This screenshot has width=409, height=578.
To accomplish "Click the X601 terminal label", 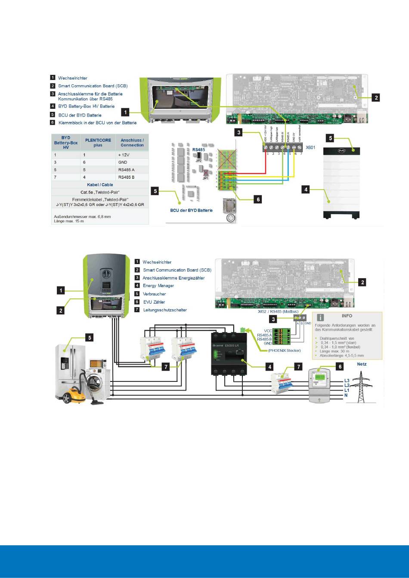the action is coord(311,148).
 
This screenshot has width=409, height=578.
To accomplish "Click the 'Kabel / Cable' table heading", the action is coord(100,185).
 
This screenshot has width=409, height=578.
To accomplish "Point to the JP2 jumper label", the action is coord(199,160).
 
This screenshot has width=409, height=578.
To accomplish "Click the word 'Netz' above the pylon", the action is coord(362,364).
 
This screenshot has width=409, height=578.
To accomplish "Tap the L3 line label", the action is coord(347,381).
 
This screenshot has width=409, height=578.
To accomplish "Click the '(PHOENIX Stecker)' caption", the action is coord(285,350).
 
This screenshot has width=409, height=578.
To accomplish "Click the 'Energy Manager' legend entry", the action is coord(158,286).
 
